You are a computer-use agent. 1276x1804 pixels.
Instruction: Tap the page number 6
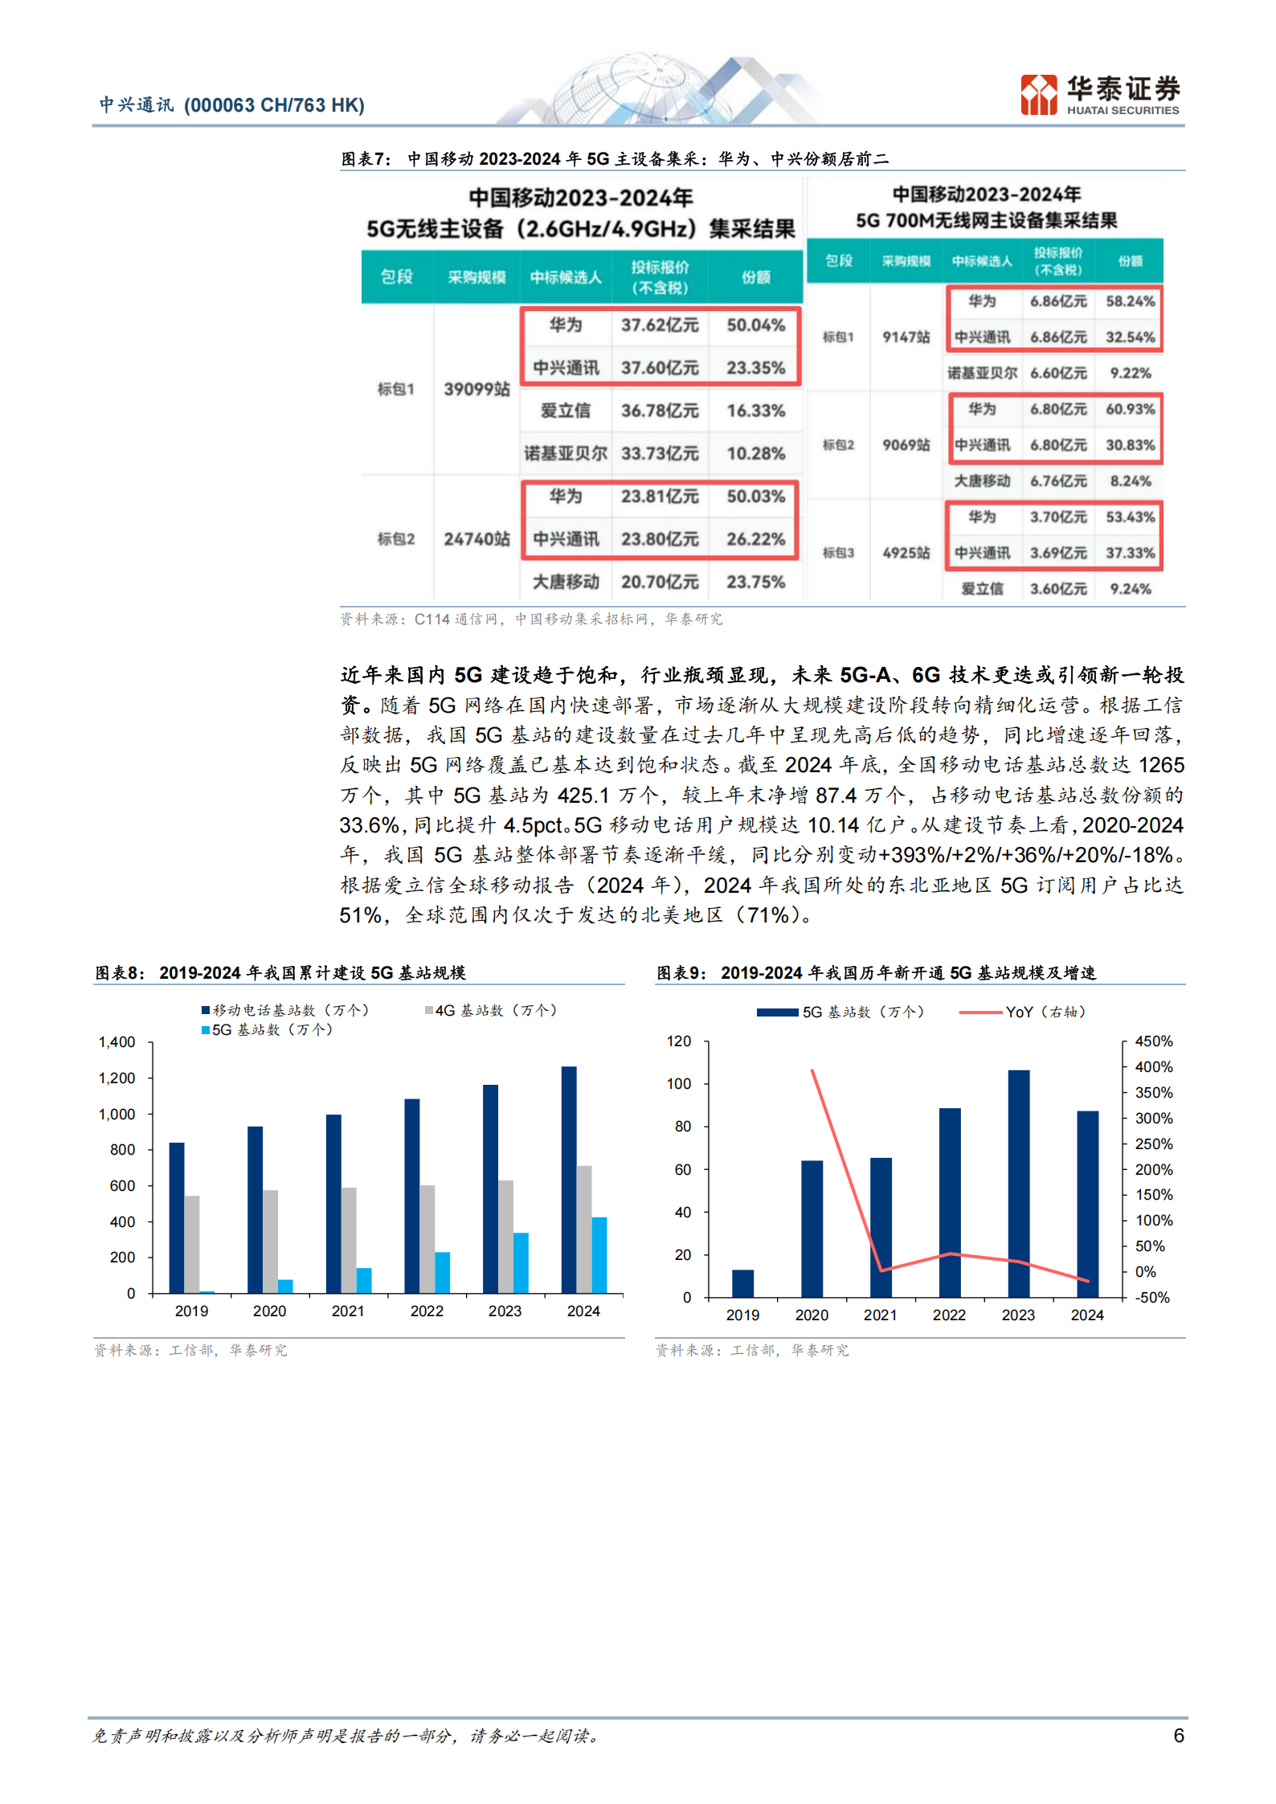(1178, 1735)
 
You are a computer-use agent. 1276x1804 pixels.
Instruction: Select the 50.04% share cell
(755, 325)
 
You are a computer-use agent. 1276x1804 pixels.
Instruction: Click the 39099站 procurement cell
(476, 389)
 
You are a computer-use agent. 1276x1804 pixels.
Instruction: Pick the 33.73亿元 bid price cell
(659, 453)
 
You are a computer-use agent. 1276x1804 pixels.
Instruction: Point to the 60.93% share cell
(1130, 409)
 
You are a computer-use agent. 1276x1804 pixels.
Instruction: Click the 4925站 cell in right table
(906, 553)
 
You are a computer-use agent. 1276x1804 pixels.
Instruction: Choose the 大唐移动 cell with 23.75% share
(566, 582)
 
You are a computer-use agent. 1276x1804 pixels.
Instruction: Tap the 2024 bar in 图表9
(1087, 1203)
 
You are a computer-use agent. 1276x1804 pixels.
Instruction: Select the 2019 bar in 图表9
(742, 1283)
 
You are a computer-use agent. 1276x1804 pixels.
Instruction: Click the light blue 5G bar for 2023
(521, 1262)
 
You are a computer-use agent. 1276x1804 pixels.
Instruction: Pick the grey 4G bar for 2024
(584, 1229)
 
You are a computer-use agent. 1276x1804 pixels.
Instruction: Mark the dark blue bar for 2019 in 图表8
(177, 1217)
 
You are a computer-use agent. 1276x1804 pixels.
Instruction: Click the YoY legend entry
(1022, 1012)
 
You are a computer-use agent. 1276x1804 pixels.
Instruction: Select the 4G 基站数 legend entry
(492, 1010)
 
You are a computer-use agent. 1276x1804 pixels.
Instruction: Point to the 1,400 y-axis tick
(117, 1042)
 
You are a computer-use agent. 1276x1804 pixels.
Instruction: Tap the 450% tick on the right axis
(1153, 1041)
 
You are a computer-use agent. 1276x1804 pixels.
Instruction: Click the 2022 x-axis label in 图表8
(427, 1311)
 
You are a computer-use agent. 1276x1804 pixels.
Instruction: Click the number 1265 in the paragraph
(1161, 765)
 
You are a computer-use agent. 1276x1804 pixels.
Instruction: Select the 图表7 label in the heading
(366, 159)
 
